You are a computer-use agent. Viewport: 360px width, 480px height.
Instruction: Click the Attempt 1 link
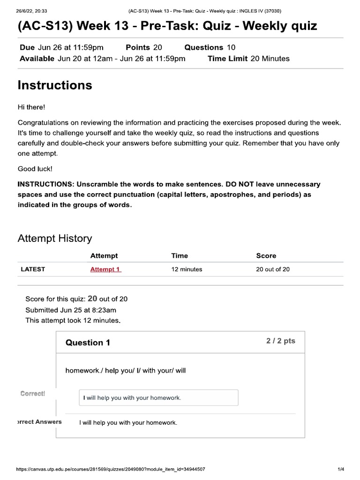(x=105, y=270)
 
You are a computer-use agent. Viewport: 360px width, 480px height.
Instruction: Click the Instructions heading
(x=55, y=85)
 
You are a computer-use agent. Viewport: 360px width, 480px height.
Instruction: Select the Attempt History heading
(x=55, y=238)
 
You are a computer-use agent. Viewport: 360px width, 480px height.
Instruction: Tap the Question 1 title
(x=88, y=343)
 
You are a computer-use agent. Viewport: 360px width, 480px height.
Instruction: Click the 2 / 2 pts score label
(x=281, y=341)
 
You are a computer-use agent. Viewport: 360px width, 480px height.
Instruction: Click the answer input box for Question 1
(x=158, y=397)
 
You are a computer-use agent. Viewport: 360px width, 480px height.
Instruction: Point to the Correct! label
(x=33, y=394)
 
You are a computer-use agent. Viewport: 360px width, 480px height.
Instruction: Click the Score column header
(x=266, y=255)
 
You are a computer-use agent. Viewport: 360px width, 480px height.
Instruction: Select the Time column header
(x=180, y=255)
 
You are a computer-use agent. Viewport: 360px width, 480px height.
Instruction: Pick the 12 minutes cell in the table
(x=187, y=270)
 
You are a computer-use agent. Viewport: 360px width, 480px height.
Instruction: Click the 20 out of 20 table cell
(x=273, y=270)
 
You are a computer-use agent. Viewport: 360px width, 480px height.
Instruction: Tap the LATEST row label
(x=33, y=270)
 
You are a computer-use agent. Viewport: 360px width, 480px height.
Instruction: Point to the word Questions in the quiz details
(x=203, y=47)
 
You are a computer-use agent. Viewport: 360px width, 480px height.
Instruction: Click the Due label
(x=28, y=47)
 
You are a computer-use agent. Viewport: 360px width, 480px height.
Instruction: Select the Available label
(x=37, y=59)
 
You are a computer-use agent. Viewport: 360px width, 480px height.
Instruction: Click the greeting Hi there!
(x=31, y=107)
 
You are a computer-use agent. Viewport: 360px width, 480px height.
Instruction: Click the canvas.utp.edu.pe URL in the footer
(x=110, y=469)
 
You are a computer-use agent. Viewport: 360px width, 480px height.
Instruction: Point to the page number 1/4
(x=341, y=469)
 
